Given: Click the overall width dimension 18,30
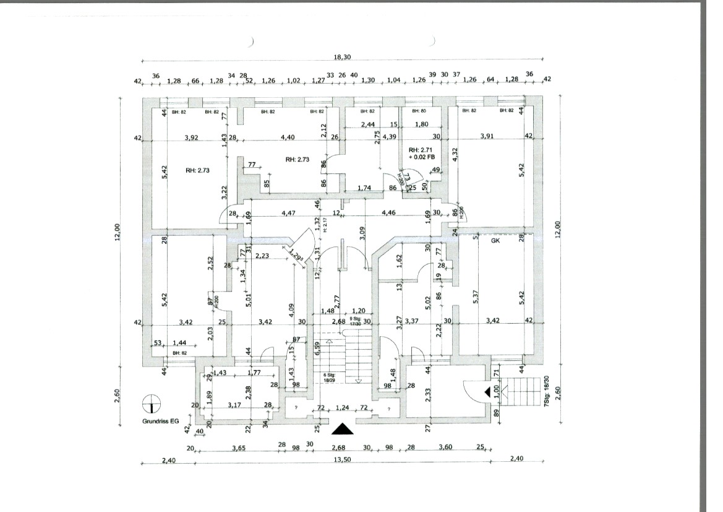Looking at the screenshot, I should click(x=342, y=56).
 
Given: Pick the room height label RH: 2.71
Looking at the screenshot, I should click(x=421, y=150).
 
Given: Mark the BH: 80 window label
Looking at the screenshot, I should click(x=419, y=111).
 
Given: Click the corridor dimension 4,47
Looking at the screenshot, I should click(x=289, y=213).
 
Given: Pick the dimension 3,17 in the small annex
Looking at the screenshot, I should click(x=234, y=406).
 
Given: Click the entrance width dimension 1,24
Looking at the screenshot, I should click(x=342, y=409).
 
